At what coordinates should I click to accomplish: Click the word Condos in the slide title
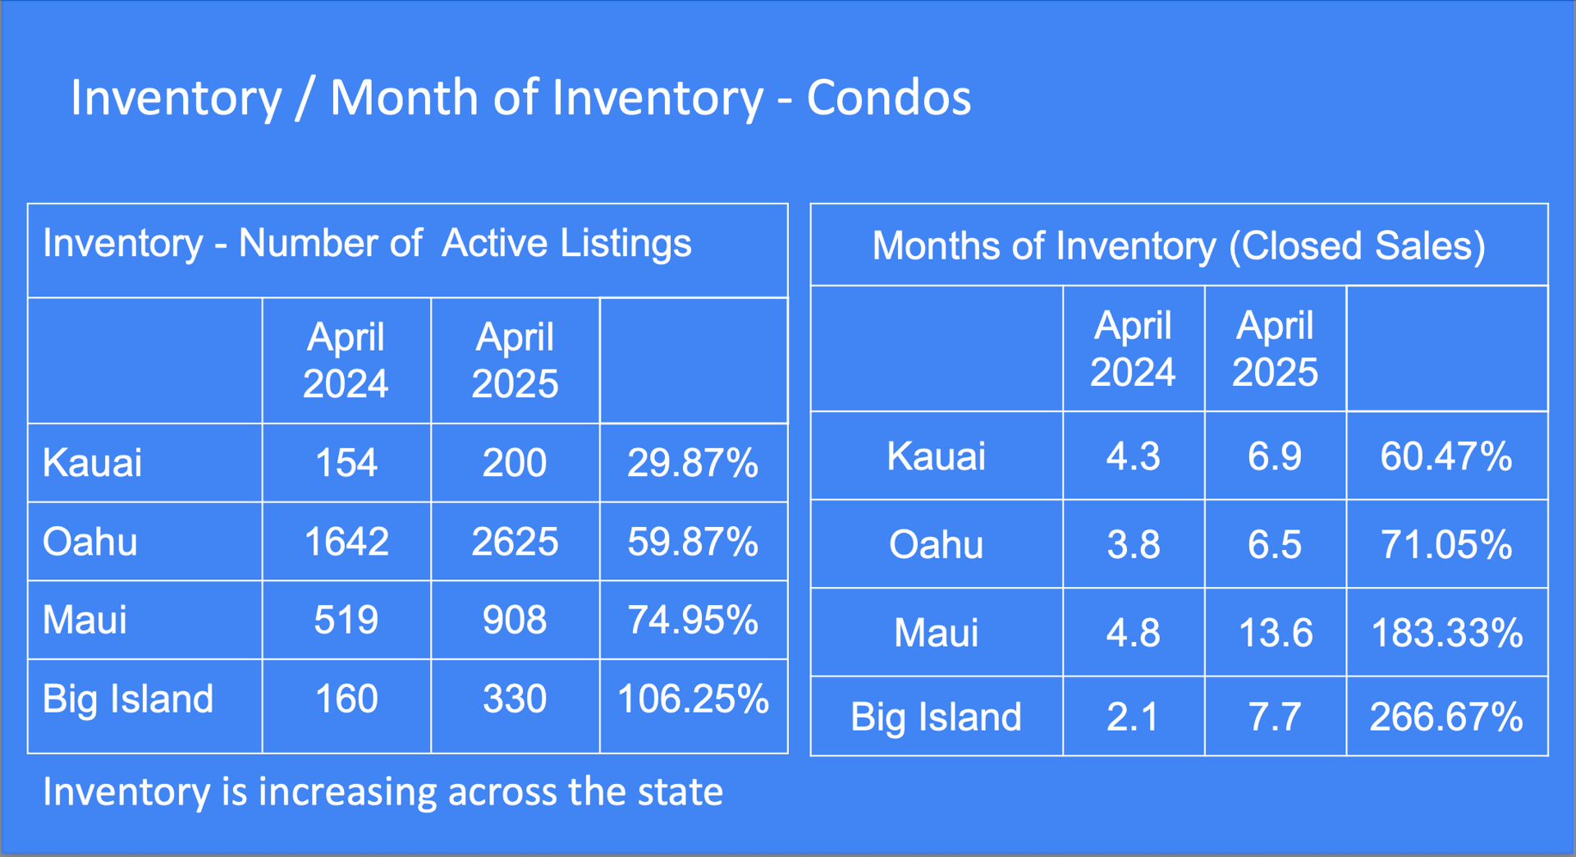click(x=889, y=98)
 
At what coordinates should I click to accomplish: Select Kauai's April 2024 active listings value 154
click(x=346, y=462)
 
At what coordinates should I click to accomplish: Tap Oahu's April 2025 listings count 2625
click(x=515, y=542)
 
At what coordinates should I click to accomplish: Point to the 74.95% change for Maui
click(x=693, y=620)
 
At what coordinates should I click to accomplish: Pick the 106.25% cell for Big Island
click(x=693, y=699)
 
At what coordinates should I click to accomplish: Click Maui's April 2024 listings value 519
click(x=346, y=620)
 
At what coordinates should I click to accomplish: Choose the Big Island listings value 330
click(x=515, y=699)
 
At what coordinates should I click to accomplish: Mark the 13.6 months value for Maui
click(x=1275, y=633)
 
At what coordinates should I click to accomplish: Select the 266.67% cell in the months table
click(x=1446, y=717)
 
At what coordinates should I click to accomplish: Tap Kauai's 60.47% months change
click(x=1446, y=456)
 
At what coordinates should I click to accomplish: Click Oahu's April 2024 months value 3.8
click(x=1134, y=544)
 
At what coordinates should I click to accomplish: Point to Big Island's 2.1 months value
click(x=1134, y=717)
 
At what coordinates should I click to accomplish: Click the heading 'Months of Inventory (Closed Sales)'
click(x=1179, y=245)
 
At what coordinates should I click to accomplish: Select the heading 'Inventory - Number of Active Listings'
click(x=367, y=243)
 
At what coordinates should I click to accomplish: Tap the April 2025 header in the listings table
click(x=515, y=360)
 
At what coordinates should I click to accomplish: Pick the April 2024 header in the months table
click(x=1134, y=349)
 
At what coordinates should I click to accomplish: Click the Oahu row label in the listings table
click(x=90, y=542)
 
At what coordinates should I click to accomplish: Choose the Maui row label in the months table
click(x=936, y=633)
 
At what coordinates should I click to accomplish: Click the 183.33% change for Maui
click(x=1446, y=633)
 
